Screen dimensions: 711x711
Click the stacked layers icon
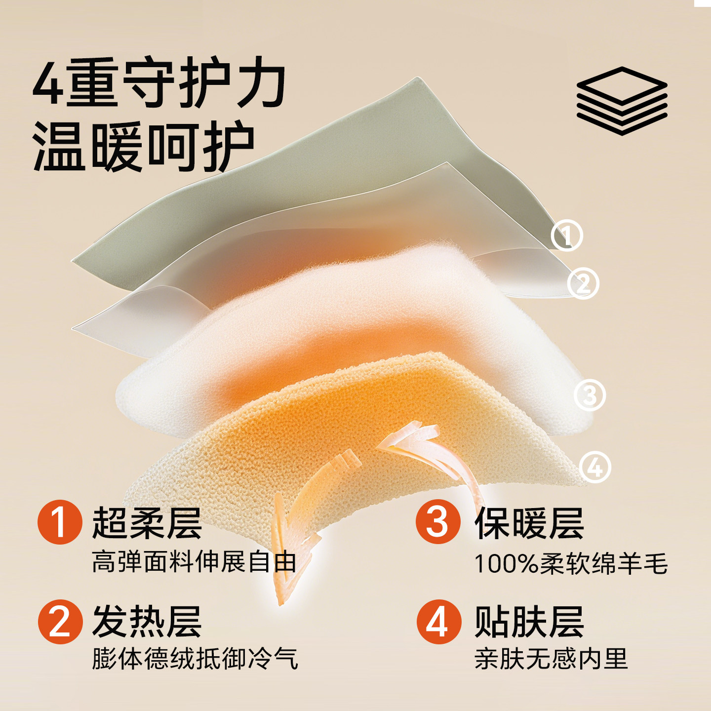(x=622, y=101)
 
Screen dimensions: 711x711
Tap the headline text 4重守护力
(x=159, y=83)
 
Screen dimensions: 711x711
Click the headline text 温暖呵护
(x=143, y=147)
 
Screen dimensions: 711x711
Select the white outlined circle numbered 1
(x=567, y=235)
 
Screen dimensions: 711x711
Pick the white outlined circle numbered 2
(x=583, y=283)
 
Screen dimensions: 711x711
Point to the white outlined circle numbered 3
(x=590, y=395)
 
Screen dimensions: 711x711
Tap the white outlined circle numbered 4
(x=594, y=467)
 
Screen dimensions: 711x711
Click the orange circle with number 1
(x=60, y=522)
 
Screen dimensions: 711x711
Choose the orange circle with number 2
(x=60, y=622)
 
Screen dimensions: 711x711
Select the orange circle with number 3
(x=437, y=522)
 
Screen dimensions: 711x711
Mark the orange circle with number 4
(x=438, y=622)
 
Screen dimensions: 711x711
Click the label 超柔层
(x=147, y=523)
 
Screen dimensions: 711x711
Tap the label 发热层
(x=147, y=622)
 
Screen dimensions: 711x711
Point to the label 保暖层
(x=529, y=523)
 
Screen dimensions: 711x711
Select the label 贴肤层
(x=529, y=622)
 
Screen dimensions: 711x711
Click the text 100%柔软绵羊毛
(x=571, y=563)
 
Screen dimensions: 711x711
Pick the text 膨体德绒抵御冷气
(x=195, y=659)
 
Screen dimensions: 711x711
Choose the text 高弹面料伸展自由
(x=194, y=562)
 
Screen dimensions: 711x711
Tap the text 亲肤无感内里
(x=551, y=659)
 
